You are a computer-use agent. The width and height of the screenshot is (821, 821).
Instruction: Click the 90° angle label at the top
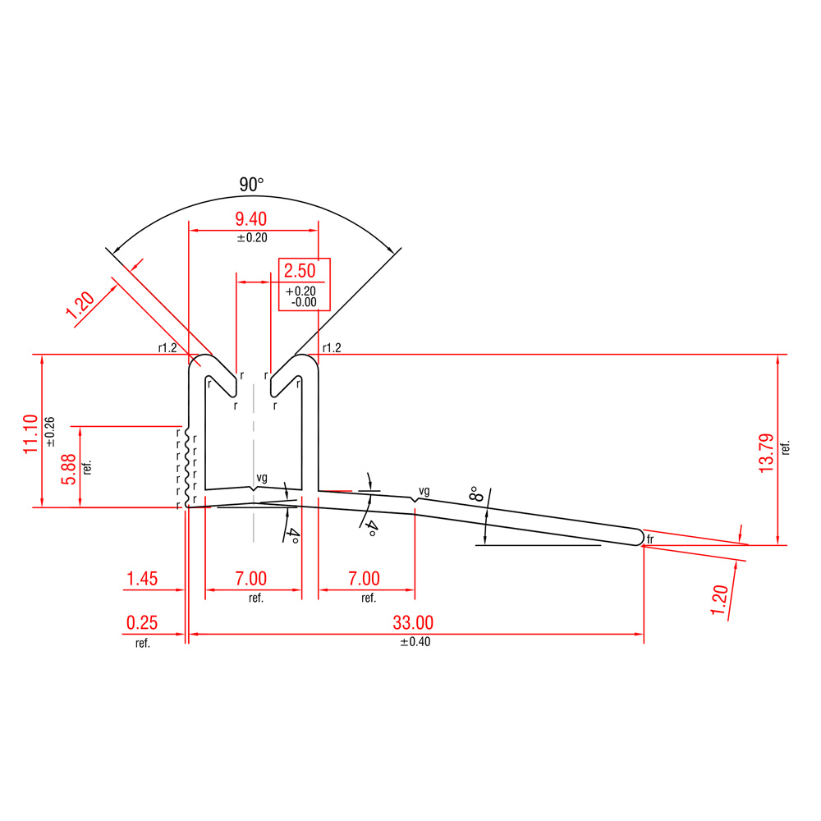coord(251,184)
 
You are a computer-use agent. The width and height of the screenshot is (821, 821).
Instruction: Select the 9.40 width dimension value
coord(250,218)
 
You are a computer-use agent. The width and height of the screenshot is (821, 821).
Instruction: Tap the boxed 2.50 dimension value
coord(300,271)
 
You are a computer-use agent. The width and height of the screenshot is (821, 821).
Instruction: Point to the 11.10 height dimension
coord(31,434)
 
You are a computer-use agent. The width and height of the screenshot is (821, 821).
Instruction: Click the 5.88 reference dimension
coord(69,469)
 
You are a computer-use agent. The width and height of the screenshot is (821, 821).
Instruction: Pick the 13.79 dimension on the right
coord(766,453)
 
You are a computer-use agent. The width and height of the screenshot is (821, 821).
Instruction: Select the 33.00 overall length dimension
coord(413,622)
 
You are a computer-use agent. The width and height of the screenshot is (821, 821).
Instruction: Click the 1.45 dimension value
coord(142,579)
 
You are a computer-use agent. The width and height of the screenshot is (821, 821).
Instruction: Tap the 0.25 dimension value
coord(142,622)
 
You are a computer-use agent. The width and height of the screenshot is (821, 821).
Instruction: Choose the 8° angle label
coord(476,493)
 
